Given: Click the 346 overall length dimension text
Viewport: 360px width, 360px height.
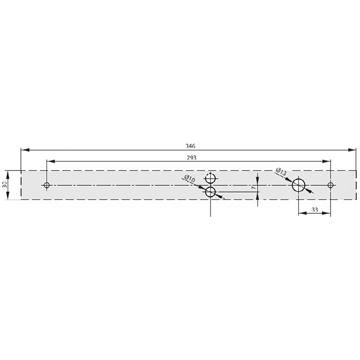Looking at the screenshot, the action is (x=190, y=146).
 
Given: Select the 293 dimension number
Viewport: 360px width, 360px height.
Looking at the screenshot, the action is (x=192, y=158).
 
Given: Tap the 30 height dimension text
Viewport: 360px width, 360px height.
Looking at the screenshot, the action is (x=4, y=184).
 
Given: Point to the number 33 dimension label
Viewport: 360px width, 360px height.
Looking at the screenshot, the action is (x=315, y=209).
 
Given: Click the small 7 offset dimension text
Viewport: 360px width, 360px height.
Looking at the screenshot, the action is (x=253, y=188).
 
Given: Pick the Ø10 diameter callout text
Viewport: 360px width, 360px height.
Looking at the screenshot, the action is (x=189, y=178).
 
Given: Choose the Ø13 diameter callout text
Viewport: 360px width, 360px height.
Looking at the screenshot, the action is (x=281, y=171).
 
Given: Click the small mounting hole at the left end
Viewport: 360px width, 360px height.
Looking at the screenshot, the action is (x=47, y=185).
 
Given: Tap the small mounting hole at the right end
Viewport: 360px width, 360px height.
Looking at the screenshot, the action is (x=330, y=185).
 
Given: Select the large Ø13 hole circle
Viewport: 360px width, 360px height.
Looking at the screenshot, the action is (x=298, y=179).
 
